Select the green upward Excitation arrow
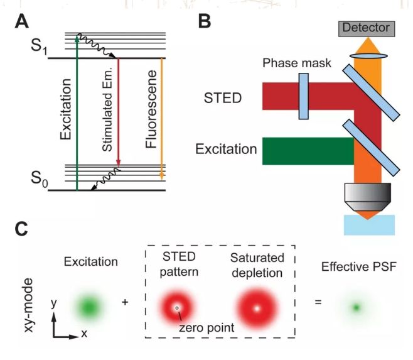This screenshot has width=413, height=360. pyautogui.click(x=77, y=113)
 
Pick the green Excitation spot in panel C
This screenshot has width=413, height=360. pyautogui.click(x=90, y=307)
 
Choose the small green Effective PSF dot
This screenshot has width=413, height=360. pyautogui.click(x=357, y=307)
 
